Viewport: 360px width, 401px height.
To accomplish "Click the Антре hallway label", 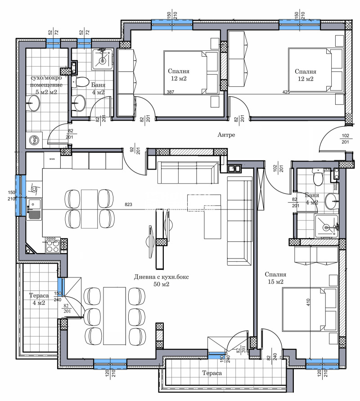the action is click(226, 135).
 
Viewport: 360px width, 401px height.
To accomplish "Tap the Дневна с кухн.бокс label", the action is click(161, 277).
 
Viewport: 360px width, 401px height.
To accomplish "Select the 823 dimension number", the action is click(128, 205).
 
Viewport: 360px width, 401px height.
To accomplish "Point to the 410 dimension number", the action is click(308, 302).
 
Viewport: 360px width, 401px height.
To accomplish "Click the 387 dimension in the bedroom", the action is click(170, 92).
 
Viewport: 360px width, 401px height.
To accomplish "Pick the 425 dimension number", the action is click(286, 92).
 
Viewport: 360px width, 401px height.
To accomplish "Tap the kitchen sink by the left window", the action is click(34, 209).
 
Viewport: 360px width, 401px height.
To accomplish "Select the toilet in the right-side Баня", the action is click(318, 178).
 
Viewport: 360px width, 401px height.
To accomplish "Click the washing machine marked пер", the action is click(34, 140).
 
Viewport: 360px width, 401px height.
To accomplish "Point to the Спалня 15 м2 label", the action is click(275, 278).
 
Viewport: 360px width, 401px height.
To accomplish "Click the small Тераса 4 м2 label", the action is click(39, 299).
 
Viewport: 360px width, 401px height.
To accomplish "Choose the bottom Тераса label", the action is click(212, 373).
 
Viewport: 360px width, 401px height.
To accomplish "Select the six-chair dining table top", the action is click(114, 316).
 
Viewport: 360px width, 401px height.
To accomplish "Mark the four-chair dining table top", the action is click(90, 209).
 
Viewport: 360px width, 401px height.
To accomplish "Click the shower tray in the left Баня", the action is click(103, 60).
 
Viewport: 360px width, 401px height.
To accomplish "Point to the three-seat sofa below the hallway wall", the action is click(188, 173).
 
